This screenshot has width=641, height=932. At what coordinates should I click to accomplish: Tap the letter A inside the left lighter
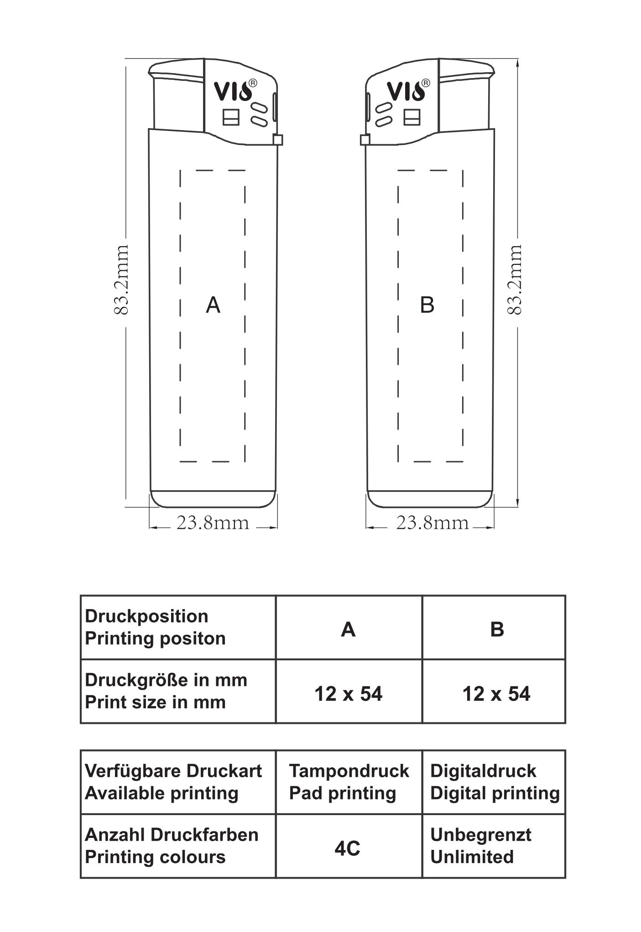click(213, 305)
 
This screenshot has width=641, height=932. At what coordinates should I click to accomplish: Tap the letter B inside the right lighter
click(427, 305)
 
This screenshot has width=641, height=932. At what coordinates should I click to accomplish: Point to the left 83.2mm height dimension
click(121, 279)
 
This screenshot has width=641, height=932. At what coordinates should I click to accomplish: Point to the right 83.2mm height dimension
click(514, 279)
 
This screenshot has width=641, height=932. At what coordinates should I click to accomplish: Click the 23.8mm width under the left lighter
click(213, 523)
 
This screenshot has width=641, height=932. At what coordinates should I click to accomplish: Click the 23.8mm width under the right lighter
click(432, 523)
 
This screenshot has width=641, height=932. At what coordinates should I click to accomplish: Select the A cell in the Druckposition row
click(348, 629)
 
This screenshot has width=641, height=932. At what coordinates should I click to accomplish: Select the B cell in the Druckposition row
click(497, 629)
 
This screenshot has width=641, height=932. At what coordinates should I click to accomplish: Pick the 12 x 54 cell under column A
click(348, 694)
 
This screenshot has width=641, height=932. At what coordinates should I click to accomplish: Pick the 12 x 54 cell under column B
click(496, 694)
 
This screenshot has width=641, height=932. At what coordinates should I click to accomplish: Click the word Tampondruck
click(349, 771)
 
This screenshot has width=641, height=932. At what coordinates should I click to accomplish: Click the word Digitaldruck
click(483, 771)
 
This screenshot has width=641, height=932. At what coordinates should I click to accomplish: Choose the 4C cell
click(347, 848)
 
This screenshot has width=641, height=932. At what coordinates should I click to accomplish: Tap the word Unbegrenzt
click(480, 835)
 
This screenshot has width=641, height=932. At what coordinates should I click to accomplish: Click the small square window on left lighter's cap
click(231, 117)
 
